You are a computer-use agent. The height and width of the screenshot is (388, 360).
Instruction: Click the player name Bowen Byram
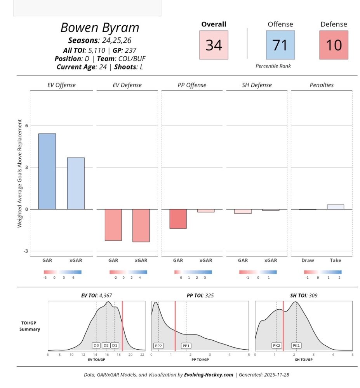point(100,28)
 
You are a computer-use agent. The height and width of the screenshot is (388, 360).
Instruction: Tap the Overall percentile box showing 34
point(214,45)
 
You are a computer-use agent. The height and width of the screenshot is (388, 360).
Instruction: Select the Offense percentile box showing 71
point(280,45)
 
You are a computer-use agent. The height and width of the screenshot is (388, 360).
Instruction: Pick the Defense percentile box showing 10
point(334,45)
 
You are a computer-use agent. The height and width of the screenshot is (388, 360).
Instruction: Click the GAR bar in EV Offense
point(47,171)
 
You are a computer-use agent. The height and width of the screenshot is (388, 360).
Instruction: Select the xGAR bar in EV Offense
point(76,183)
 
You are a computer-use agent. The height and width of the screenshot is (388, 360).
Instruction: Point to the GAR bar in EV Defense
point(113,225)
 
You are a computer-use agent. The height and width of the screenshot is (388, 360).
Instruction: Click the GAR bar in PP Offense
point(178,218)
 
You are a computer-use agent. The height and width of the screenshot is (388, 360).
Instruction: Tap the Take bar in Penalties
point(335,207)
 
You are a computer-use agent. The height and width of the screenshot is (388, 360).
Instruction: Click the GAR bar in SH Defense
point(243,211)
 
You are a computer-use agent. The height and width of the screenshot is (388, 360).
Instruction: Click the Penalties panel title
point(322,85)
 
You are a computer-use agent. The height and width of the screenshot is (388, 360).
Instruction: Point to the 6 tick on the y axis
point(26,126)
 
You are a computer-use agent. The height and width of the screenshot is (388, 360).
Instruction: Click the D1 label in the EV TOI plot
point(115,345)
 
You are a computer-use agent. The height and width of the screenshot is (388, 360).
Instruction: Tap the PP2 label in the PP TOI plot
point(158,345)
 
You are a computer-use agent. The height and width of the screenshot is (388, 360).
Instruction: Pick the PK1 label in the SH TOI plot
point(296,345)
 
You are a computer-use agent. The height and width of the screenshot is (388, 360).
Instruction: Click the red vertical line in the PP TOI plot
point(175,326)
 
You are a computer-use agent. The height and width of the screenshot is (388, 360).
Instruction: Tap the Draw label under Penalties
point(308,260)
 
